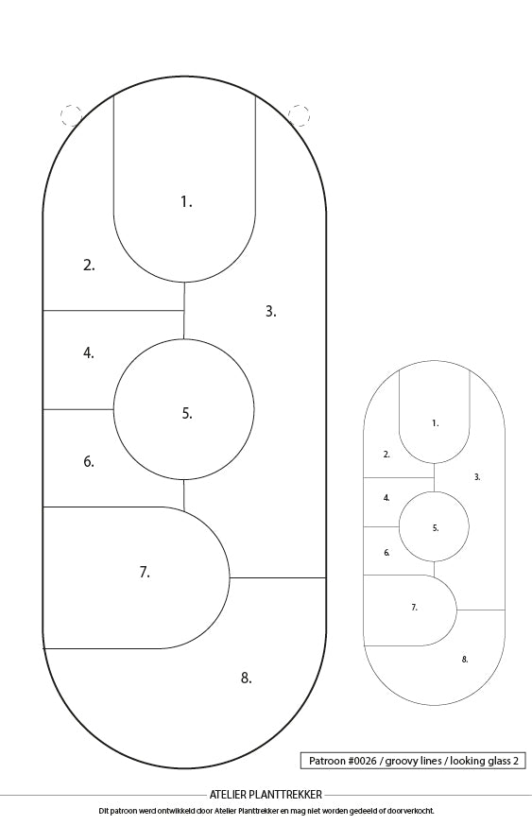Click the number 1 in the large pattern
coord(186,201)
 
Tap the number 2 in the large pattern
coord(89,266)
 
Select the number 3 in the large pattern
coord(270,312)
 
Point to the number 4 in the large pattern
coord(89,353)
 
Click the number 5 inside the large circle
coord(187,414)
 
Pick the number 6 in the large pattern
coord(89,461)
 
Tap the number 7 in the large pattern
coord(145,572)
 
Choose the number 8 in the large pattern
coord(246,679)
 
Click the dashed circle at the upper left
coord(71,115)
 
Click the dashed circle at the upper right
coord(299,115)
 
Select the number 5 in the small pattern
coord(436,528)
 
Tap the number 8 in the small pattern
coord(465,660)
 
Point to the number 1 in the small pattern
coord(435,423)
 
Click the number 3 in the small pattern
coord(477,477)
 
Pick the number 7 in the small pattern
coord(414,608)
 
